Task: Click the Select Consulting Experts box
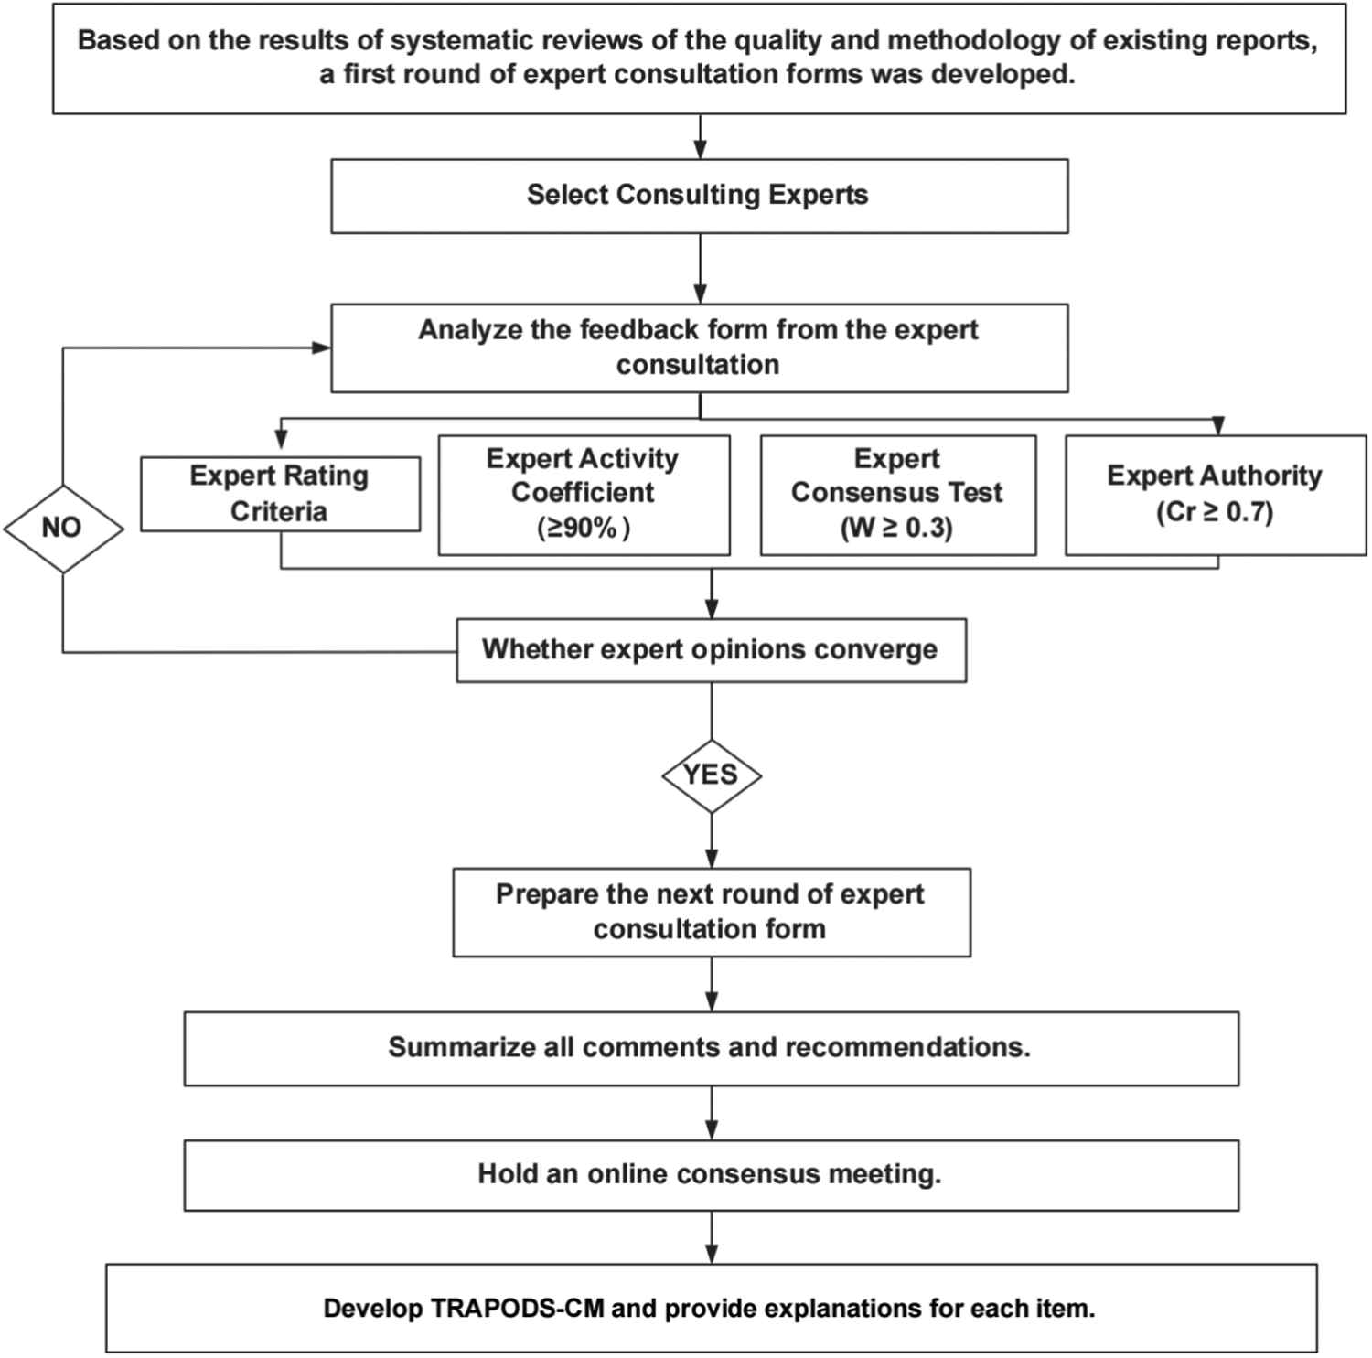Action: pos(699,196)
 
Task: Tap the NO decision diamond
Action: pos(63,528)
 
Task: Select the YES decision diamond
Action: pos(711,775)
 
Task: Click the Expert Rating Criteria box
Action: pos(280,494)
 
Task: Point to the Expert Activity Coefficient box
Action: pos(584,494)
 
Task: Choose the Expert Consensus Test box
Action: pos(897,494)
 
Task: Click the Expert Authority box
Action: pos(1215,494)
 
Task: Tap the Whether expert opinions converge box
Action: pos(711,650)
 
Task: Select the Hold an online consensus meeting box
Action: pos(711,1174)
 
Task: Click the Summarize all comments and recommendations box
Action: pos(711,1048)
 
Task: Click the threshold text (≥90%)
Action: pos(584,529)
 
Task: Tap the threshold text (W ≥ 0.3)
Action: pos(897,529)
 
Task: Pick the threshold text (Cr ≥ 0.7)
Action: pos(1215,512)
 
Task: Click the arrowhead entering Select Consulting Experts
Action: pos(700,150)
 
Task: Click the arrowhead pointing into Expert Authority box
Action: pos(1217,426)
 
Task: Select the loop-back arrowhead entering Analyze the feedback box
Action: pos(321,348)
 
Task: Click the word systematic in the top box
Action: pos(446,41)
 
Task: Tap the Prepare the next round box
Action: pos(711,912)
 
